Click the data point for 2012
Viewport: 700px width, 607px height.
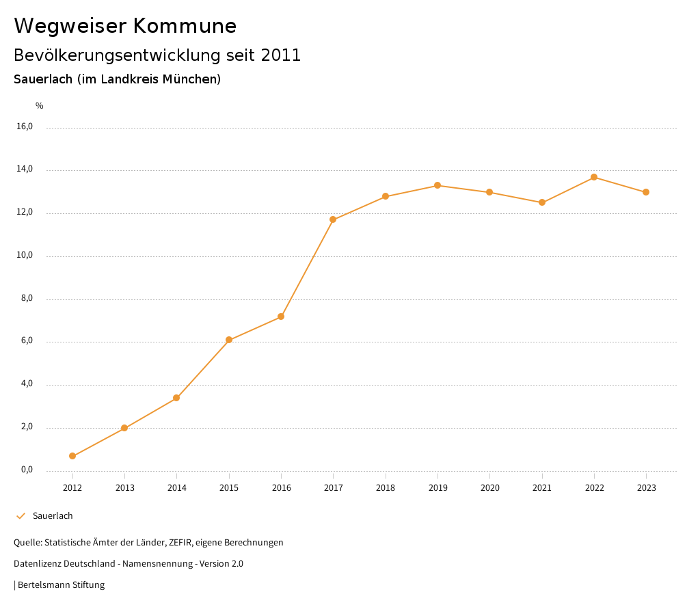point(72,456)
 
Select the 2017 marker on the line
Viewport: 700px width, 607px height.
point(333,219)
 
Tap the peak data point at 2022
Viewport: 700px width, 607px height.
point(594,177)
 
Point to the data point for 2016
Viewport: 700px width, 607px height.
point(281,316)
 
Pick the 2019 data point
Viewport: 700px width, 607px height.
point(437,185)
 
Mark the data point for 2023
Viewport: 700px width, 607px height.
point(646,192)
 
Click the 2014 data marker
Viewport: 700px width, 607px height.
point(176,398)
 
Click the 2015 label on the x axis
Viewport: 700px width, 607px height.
point(229,488)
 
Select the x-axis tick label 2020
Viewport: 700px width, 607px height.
point(489,488)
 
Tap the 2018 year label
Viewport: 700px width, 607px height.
point(386,488)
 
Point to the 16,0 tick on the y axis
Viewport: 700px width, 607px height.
point(25,126)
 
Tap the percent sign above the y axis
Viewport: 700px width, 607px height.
point(40,106)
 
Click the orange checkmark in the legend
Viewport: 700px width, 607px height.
point(21,516)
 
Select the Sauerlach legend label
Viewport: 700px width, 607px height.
point(53,516)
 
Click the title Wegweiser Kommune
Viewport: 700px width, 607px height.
point(125,26)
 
